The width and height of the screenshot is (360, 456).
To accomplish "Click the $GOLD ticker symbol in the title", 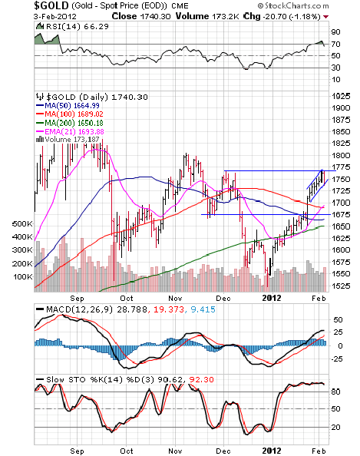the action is (51, 5).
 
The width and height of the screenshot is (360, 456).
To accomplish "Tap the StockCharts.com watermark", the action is (293, 5).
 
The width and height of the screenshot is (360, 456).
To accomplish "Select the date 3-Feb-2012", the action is (55, 16).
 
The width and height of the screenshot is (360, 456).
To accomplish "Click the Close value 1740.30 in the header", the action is (156, 16).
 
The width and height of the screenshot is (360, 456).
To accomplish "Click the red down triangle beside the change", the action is (325, 17).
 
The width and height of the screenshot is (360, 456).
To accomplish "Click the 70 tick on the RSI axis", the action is (335, 44).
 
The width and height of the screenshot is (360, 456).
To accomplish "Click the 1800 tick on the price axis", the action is (341, 155).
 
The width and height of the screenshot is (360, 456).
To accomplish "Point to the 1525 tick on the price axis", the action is (341, 286).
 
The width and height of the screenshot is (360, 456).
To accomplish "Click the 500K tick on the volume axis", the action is (22, 224).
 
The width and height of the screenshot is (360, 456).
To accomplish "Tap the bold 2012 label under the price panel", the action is (272, 299).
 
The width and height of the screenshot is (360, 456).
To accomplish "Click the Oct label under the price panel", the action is (127, 299).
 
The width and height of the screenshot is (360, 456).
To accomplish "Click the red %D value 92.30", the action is (201, 379).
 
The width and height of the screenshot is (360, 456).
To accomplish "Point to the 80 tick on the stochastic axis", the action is (335, 392).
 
